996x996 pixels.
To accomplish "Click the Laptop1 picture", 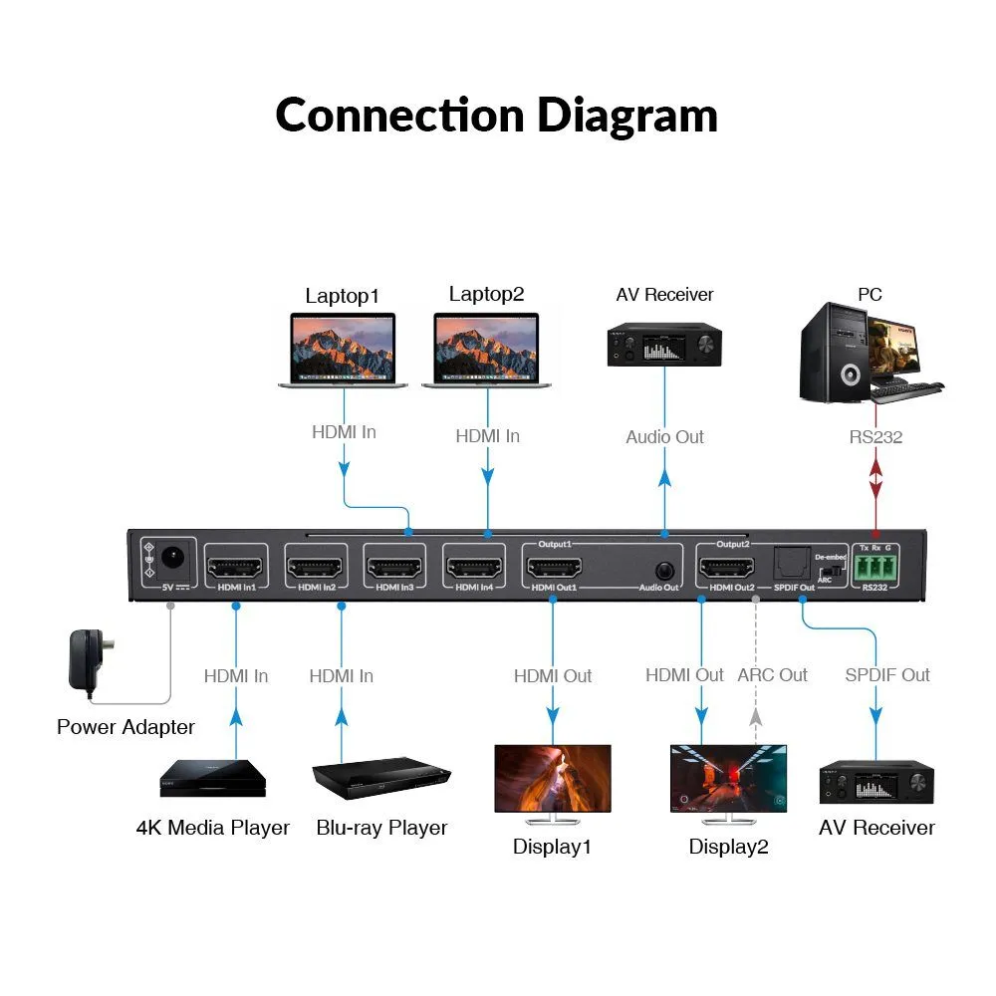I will pyautogui.click(x=343, y=350).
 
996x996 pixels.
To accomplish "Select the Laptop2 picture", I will pyautogui.click(x=486, y=350).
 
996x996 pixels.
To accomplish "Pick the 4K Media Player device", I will pyautogui.click(x=213, y=778).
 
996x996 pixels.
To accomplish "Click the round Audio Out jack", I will pyautogui.click(x=664, y=571).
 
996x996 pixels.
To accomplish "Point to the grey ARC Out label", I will pyautogui.click(x=772, y=675).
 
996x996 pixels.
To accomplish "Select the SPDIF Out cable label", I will pyautogui.click(x=887, y=675).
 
